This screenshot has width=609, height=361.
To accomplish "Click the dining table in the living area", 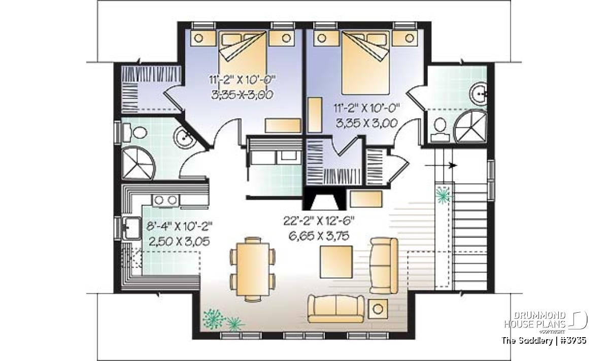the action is [x=253, y=269].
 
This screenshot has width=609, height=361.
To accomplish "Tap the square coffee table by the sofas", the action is [x=336, y=261].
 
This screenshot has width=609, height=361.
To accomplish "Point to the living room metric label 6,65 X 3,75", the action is [x=319, y=236].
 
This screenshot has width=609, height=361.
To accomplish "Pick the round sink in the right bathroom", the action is [x=479, y=94].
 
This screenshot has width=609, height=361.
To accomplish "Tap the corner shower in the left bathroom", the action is [x=138, y=162].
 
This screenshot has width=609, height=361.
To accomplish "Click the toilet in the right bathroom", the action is [x=440, y=130].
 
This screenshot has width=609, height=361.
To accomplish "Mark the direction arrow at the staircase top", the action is [x=441, y=165].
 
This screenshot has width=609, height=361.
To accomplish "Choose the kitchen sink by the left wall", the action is [x=131, y=228].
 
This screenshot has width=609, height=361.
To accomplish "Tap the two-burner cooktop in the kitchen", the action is [x=165, y=200].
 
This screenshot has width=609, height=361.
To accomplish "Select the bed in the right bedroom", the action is [x=365, y=62].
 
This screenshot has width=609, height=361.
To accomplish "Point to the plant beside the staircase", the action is [x=444, y=195].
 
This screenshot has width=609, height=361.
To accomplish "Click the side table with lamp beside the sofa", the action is [x=378, y=309].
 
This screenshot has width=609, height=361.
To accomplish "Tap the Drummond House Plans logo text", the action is [x=535, y=320].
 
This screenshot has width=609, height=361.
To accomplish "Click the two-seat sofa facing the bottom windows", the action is [x=336, y=309].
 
